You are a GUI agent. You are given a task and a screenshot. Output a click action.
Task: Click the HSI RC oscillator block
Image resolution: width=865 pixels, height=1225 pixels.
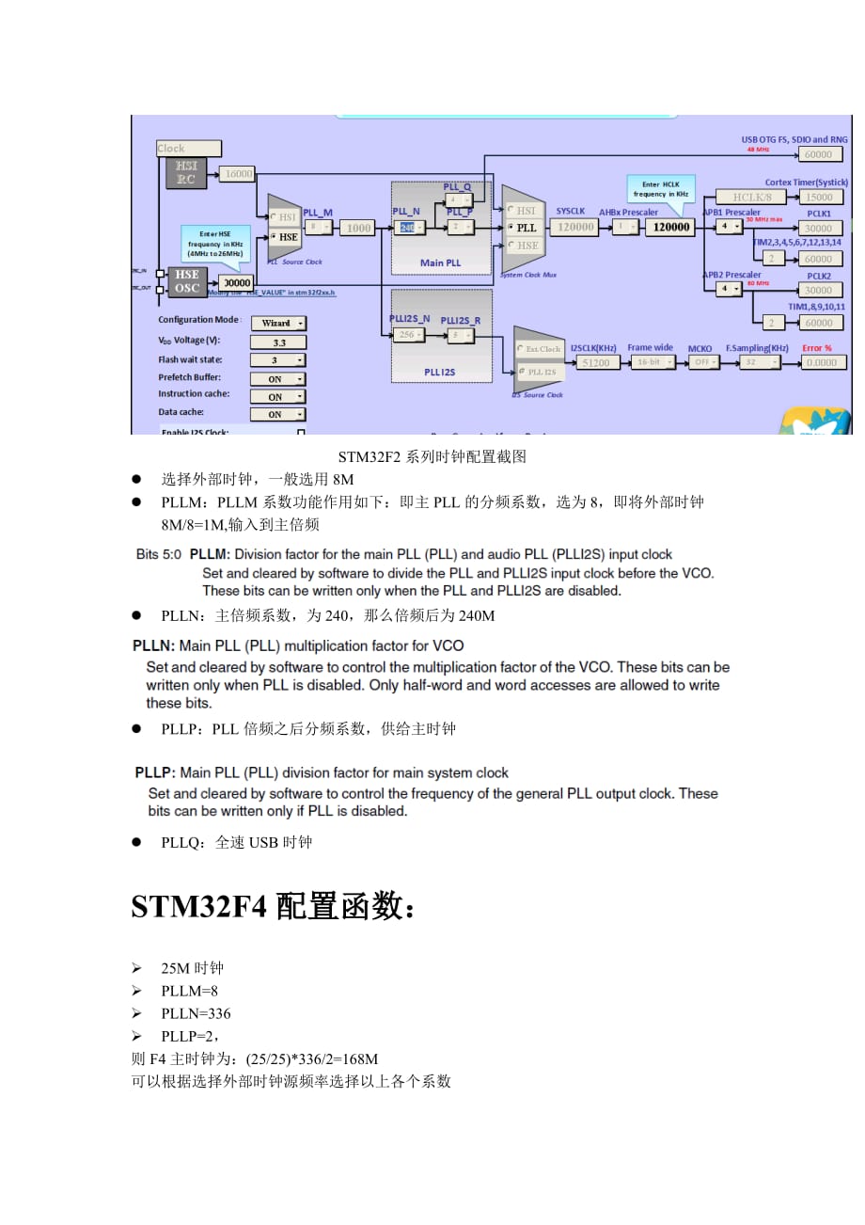point(185,173)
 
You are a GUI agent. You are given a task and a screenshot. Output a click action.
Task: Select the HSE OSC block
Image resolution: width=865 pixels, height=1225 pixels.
point(185,280)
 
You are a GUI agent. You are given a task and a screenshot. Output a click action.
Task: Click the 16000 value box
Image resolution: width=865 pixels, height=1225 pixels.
point(238,173)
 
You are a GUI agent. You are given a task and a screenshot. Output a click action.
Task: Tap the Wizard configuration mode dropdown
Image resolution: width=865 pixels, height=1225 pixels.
point(277,323)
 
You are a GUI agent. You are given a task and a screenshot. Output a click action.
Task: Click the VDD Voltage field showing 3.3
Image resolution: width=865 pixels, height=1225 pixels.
point(277,342)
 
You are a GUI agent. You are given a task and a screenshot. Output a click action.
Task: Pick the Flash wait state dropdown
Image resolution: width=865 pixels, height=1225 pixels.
point(277,359)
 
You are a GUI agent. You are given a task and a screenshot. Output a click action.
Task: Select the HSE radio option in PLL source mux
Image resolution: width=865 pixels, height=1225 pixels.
point(283,237)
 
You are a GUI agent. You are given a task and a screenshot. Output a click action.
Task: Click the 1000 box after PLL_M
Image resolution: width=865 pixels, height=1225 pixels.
point(358,228)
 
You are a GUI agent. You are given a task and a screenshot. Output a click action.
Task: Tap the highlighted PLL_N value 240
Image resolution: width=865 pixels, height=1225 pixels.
point(407,228)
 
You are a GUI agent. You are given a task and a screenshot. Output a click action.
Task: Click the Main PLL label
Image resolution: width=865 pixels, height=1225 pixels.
point(441,262)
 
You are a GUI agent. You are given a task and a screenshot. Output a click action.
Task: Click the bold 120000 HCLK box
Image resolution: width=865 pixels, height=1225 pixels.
point(670,227)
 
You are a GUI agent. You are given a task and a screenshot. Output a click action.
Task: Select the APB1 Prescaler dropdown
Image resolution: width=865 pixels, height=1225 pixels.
point(729,227)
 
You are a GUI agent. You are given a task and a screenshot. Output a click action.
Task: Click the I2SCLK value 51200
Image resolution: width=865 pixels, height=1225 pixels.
point(595,362)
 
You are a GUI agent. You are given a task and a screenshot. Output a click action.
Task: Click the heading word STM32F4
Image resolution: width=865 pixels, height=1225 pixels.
point(199,907)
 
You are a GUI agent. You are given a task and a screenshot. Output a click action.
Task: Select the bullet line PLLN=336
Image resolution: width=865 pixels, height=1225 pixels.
point(196,1013)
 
